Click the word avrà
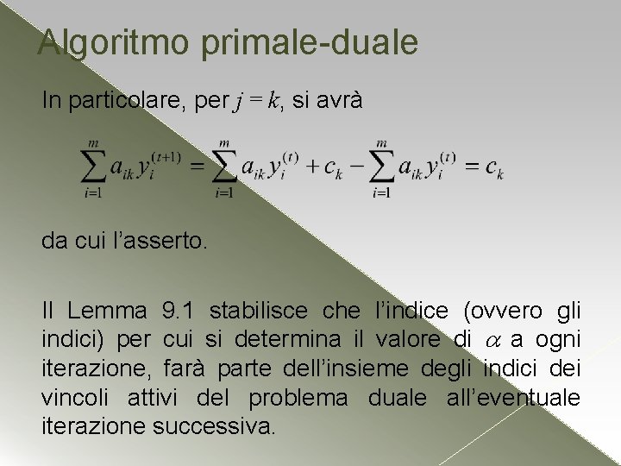tap(341, 101)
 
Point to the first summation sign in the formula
tap(93, 165)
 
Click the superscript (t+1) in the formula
tap(165, 156)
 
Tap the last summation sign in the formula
tap(382, 165)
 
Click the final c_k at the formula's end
tap(494, 168)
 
